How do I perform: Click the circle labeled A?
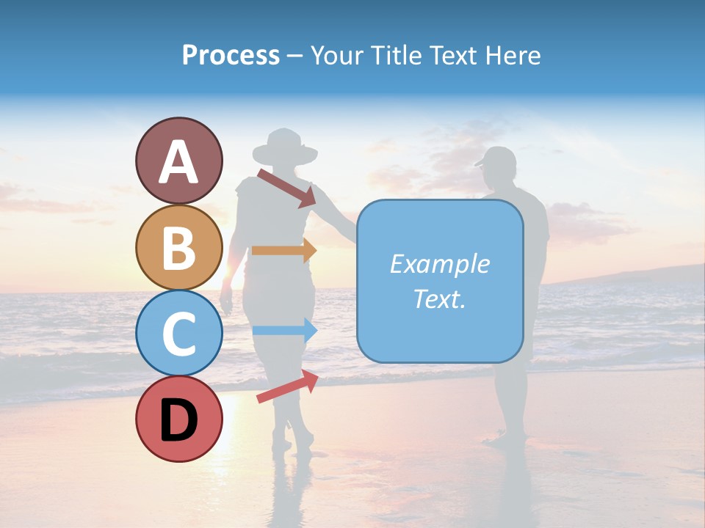pyautogui.click(x=179, y=161)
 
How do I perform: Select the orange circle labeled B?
pyautogui.click(x=179, y=247)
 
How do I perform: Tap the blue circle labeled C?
pyautogui.click(x=179, y=333)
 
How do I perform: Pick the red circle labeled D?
pyautogui.click(x=179, y=419)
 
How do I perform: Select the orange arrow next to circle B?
pyautogui.click(x=283, y=250)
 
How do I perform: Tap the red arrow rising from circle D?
pyautogui.click(x=287, y=386)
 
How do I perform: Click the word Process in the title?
pyautogui.click(x=231, y=55)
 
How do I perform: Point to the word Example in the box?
pyautogui.click(x=439, y=264)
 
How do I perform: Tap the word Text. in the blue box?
pyautogui.click(x=439, y=298)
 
